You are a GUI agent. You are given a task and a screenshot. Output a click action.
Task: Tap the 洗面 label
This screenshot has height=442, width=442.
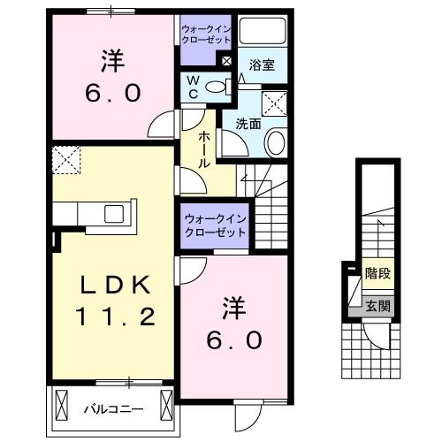pos(248,124)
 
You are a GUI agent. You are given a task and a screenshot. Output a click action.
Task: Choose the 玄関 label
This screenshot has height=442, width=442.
pos(377,307)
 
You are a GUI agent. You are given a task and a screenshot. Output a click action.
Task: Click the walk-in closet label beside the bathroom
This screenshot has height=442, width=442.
pos(206,34)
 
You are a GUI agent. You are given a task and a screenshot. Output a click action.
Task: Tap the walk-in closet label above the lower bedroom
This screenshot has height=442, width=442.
pos(215,225)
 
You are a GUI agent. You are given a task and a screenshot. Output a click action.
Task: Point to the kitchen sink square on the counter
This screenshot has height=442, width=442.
pos(113,213)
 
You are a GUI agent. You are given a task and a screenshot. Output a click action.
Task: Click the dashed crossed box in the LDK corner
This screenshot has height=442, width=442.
pos(65,161)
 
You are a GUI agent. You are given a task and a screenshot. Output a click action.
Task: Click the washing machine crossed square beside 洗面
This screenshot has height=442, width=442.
pos(275,104)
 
